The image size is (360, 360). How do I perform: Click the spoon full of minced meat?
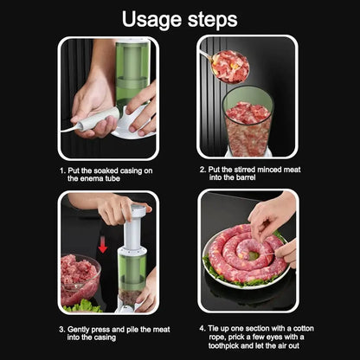click(x=229, y=67)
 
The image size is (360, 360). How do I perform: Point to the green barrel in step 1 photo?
click(x=132, y=74)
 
